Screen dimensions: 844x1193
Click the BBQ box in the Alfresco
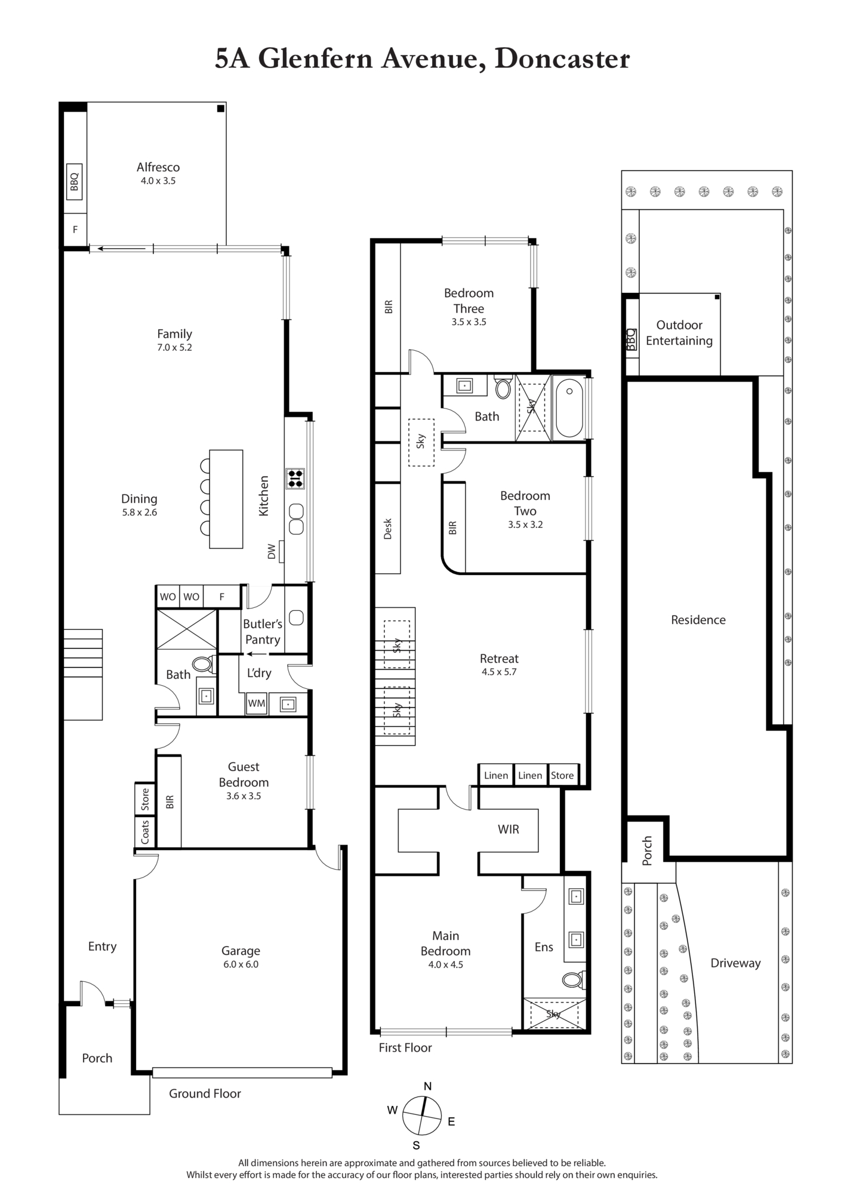74,182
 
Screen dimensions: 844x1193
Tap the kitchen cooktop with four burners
295,478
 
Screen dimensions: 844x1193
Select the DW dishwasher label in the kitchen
272,552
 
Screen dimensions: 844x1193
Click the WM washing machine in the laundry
257,703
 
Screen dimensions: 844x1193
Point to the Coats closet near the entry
145,832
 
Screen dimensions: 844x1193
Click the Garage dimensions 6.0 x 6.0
241,964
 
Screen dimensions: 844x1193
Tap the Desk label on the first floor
388,528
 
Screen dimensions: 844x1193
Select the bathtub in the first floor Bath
569,408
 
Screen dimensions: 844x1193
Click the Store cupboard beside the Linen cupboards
562,775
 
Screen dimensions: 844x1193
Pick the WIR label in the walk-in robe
509,829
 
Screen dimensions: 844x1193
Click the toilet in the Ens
574,979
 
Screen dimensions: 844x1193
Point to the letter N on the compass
427,1086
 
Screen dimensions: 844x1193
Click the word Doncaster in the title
562,60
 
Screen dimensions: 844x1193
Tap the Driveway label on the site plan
735,963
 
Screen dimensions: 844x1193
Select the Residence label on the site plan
698,620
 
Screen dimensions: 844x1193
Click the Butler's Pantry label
263,632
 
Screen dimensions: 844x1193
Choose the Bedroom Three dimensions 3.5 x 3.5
469,322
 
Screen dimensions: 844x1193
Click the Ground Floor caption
205,1093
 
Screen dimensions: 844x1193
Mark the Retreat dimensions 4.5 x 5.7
499,672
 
